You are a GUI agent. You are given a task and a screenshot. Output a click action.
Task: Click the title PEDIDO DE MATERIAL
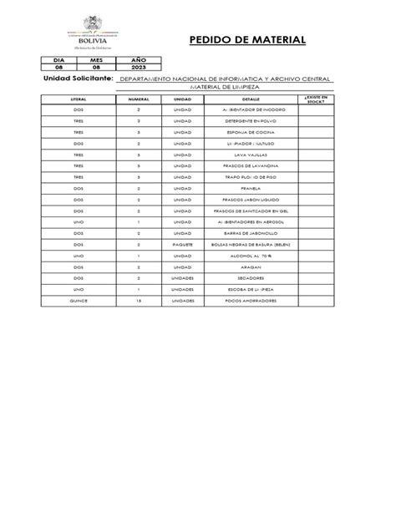pos(247,40)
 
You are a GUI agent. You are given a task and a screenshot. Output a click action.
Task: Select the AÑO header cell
pos(138,61)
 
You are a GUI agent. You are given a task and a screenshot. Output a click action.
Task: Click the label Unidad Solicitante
pos(76,79)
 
